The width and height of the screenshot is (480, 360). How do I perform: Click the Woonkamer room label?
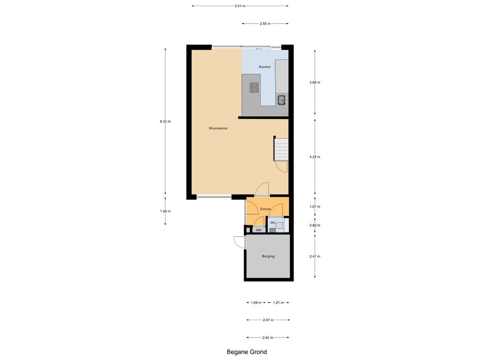tap(218, 128)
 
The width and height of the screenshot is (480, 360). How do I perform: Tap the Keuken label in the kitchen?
tap(265, 67)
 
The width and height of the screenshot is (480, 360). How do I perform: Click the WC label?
tap(273, 222)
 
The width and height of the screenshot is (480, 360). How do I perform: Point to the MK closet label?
tap(258, 230)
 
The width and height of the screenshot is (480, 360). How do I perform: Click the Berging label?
tap(268, 256)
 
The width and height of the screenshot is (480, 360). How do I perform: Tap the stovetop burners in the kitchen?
tap(254, 87)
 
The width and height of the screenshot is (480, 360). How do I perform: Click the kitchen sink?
tap(282, 99)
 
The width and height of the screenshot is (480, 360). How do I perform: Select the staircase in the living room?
tap(281, 149)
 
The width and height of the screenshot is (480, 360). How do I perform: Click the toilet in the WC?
tap(280, 227)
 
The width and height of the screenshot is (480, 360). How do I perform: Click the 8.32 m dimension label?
tap(165, 121)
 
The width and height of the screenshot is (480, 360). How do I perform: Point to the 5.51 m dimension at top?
tap(240, 6)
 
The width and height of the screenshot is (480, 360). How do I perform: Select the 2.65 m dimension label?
tap(265, 23)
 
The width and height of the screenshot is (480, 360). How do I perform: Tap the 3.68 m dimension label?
tap(315, 82)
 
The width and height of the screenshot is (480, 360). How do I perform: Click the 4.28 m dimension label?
tap(315, 157)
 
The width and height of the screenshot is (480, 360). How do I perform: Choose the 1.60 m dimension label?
tap(165, 211)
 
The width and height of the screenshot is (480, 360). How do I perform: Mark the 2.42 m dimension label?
tap(268, 337)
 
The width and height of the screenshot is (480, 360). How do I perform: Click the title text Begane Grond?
tap(247, 352)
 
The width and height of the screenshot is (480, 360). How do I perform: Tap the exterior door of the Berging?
tap(239, 242)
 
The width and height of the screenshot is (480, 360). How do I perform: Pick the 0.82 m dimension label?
tap(315, 225)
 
